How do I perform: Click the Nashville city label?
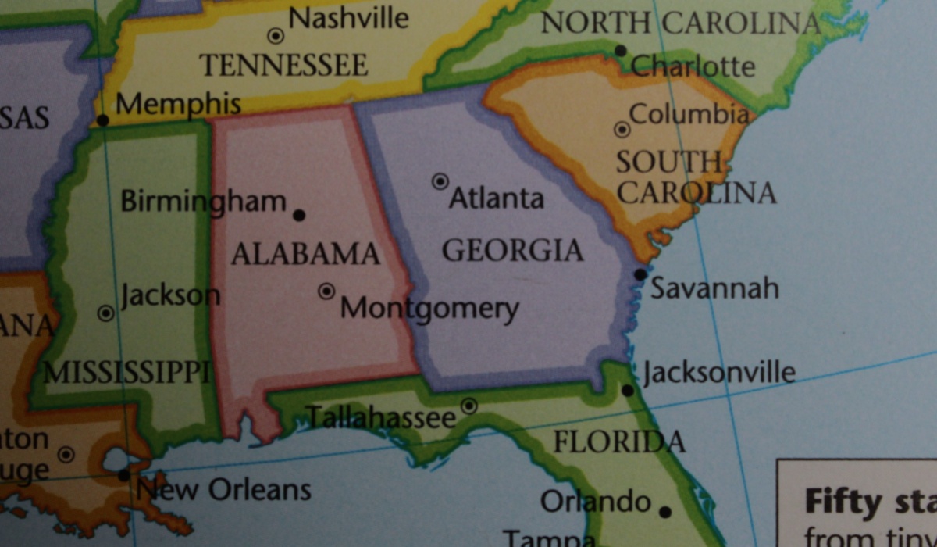[x=348, y=17]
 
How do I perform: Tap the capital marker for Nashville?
[x=276, y=35]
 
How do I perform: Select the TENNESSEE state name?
[x=283, y=65]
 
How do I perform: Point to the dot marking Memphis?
[x=102, y=120]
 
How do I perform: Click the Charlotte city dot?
[x=621, y=51]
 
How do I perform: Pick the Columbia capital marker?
[x=622, y=129]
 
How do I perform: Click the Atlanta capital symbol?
[x=440, y=181]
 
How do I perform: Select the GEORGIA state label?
[x=512, y=251]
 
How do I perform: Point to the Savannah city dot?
[x=640, y=274]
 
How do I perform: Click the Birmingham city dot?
[x=298, y=215]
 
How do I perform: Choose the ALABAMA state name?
[x=305, y=254]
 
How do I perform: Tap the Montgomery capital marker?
[x=326, y=291]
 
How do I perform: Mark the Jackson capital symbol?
[x=105, y=313]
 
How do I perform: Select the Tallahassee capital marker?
[x=468, y=406]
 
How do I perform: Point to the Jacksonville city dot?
[x=628, y=389]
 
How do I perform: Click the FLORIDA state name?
[x=618, y=442]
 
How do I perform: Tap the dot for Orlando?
[x=664, y=513]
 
